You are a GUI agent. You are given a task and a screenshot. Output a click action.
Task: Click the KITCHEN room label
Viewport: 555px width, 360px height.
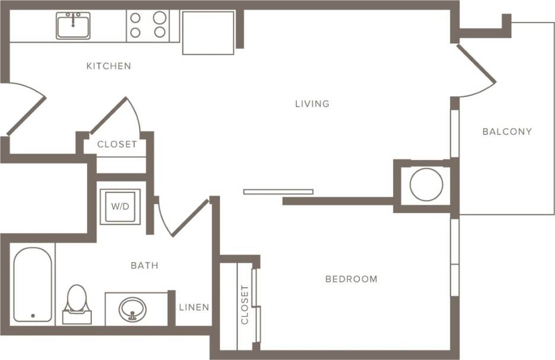pos(109,66)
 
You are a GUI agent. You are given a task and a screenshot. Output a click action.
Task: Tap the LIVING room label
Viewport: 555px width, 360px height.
pos(312,104)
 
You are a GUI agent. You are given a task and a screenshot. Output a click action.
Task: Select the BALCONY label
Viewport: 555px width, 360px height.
pos(507,132)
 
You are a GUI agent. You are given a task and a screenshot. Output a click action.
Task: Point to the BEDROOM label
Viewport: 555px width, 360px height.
pos(351,279)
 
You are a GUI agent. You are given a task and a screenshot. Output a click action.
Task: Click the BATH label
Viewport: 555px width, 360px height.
pos(145,266)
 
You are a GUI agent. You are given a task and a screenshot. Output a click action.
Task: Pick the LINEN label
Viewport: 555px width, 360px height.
pos(194,307)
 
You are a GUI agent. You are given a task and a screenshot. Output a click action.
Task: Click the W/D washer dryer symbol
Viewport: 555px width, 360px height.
pos(120,207)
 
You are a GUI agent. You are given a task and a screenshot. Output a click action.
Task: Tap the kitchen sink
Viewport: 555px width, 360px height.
pos(73,26)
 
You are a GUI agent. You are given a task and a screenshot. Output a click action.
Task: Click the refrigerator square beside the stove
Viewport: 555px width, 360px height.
pos(208,33)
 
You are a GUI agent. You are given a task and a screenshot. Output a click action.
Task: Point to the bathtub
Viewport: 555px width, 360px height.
pos(33,285)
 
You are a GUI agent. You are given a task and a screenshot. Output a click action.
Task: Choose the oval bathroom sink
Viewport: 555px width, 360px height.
pos(132,309)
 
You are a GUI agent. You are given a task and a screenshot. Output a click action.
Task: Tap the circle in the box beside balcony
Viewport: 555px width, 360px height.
pos(426,184)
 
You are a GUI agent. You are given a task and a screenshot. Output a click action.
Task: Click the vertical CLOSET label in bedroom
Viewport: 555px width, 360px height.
pos(245,305)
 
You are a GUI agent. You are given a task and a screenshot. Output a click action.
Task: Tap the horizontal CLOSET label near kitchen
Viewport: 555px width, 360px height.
pos(117,144)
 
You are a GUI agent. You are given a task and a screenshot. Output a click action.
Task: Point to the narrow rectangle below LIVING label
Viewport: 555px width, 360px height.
pos(278,192)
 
